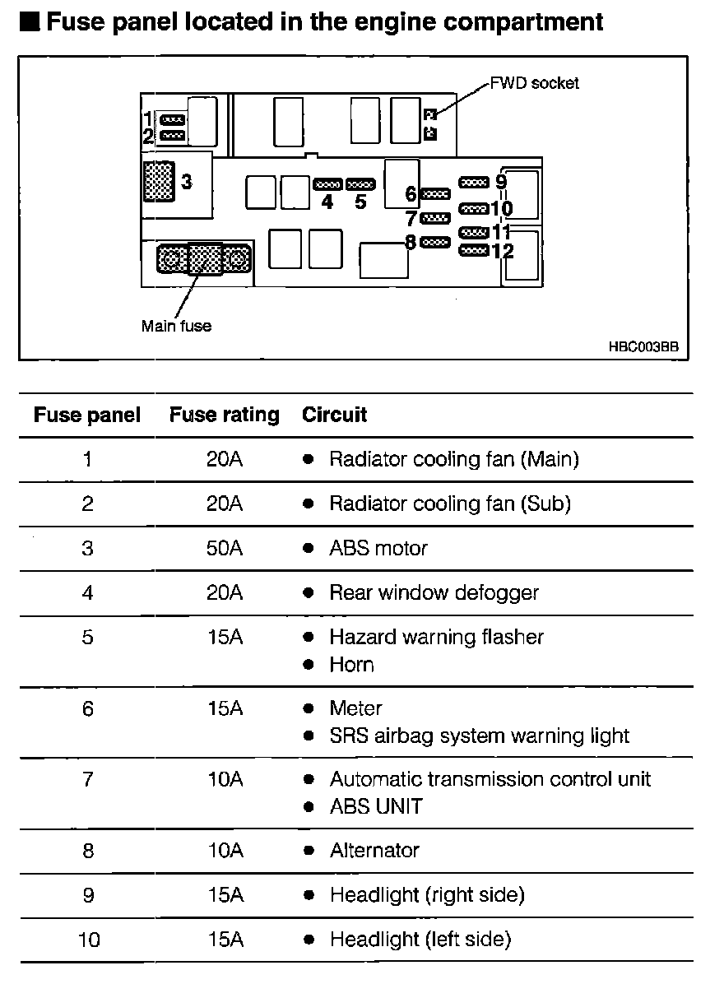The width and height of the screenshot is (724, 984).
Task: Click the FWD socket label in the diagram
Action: (534, 83)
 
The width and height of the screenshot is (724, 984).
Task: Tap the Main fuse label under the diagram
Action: (176, 326)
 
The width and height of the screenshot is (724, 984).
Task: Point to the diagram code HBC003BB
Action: (643, 347)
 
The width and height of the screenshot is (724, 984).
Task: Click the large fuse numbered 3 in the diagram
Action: (158, 180)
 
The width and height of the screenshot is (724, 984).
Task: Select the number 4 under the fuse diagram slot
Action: (327, 202)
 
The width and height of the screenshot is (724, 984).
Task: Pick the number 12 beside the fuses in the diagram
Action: (502, 251)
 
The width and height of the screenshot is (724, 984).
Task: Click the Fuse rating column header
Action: (224, 415)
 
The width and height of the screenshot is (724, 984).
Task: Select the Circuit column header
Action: (334, 415)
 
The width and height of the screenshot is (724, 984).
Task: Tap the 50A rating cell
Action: (224, 548)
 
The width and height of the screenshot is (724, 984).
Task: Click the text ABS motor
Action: (378, 548)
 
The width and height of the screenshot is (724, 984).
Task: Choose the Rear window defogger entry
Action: (434, 592)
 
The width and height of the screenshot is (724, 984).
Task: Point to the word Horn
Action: (351, 665)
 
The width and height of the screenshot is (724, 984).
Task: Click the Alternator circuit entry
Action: (374, 850)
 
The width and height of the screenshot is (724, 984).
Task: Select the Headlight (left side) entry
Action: (420, 939)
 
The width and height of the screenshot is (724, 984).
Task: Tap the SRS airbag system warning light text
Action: (479, 736)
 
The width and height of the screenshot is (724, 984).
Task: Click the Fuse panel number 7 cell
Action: (88, 779)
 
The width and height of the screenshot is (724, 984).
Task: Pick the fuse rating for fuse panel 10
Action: (224, 939)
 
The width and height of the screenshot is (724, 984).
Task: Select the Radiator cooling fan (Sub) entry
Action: (449, 504)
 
